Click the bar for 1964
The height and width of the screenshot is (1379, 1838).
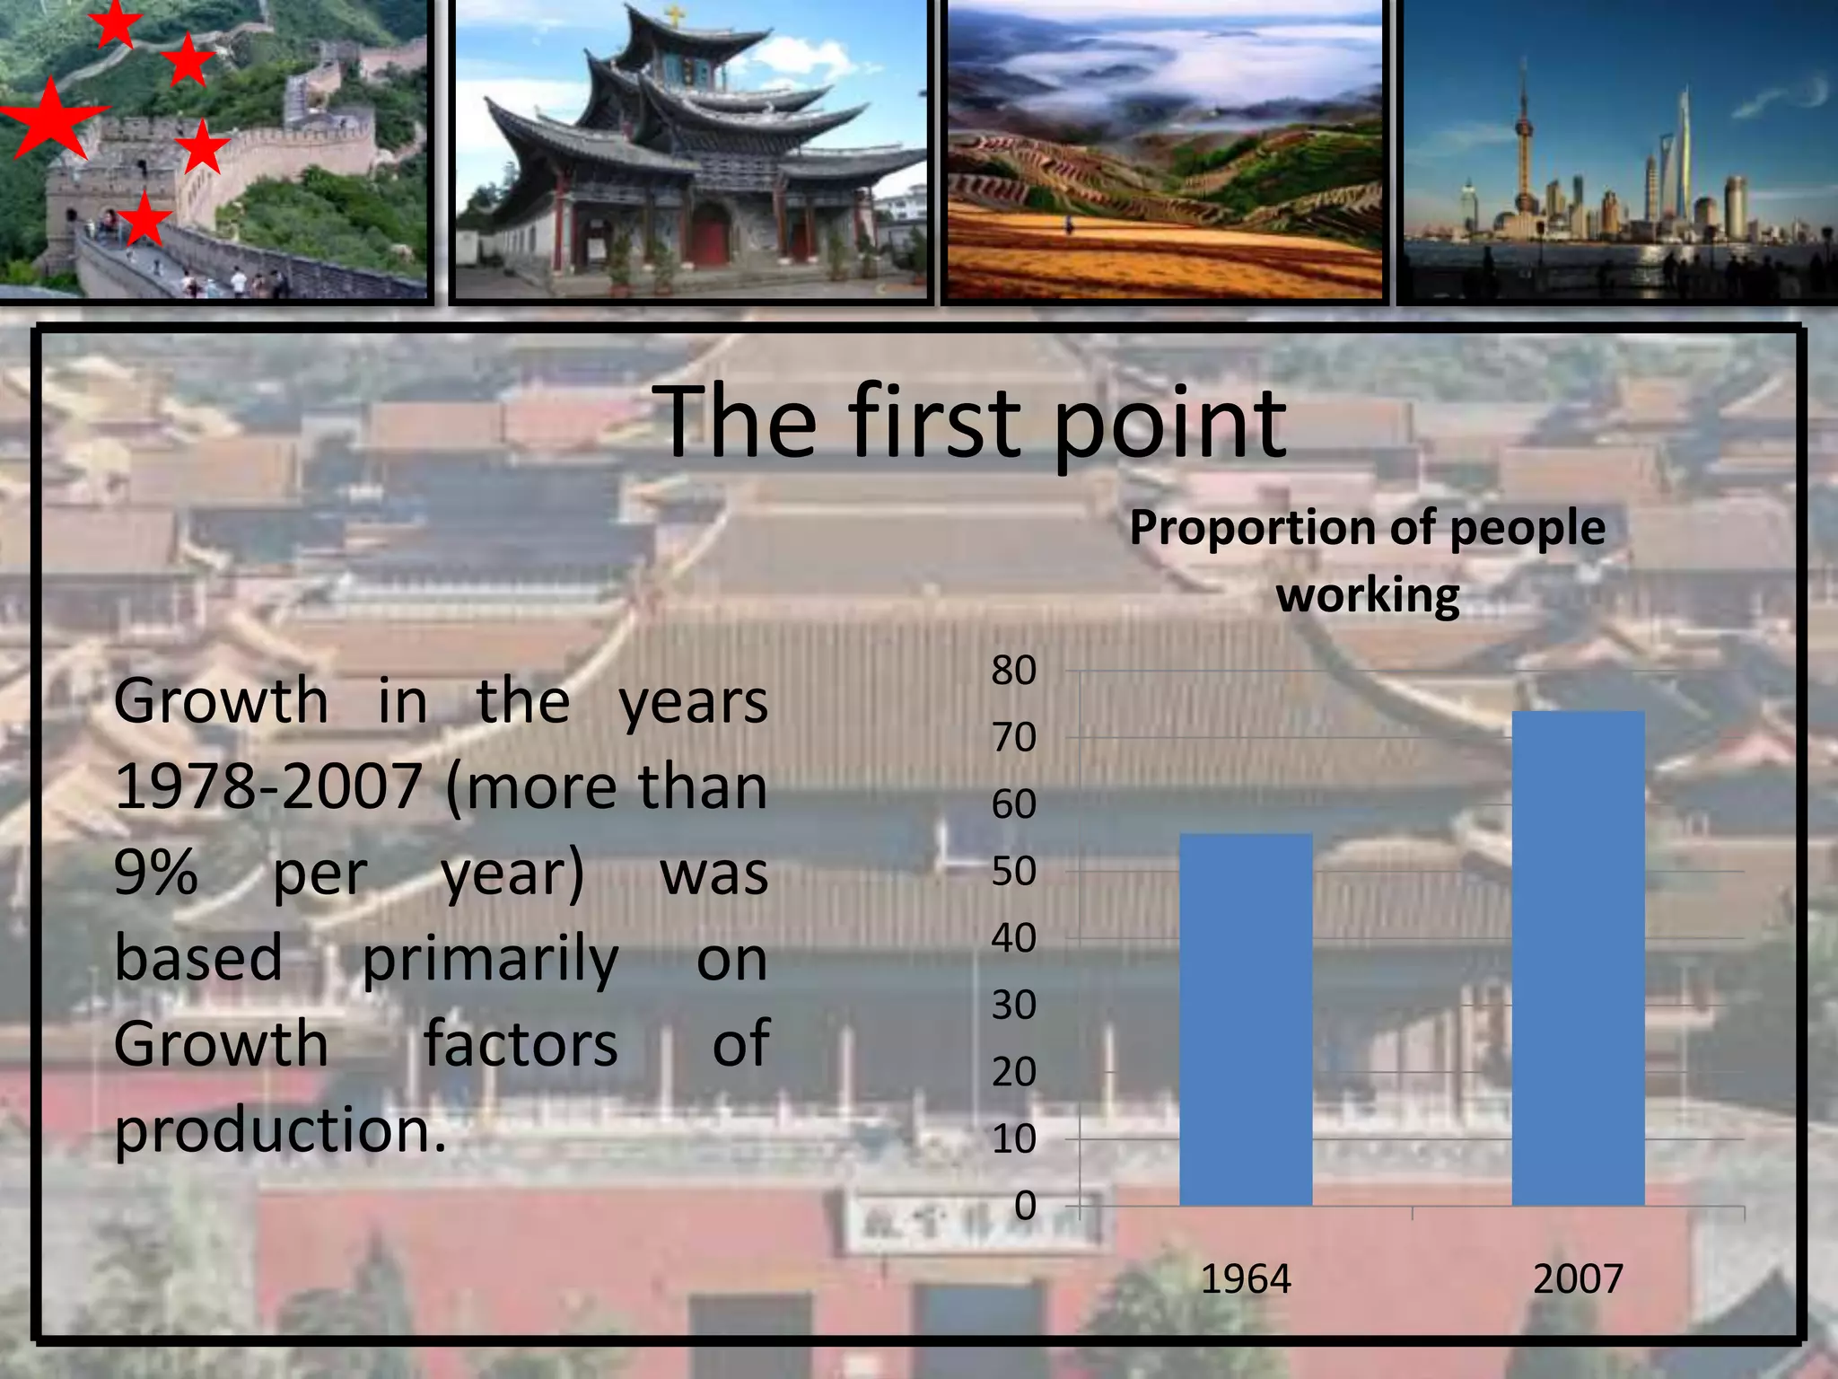click(1246, 1019)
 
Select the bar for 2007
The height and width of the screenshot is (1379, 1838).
click(1578, 958)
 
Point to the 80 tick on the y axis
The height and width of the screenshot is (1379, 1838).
click(1014, 671)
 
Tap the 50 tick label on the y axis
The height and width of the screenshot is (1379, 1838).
click(1014, 872)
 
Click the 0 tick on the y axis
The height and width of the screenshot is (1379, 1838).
click(1025, 1206)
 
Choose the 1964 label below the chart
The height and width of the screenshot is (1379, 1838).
click(1246, 1278)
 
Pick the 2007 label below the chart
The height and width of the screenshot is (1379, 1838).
click(1578, 1278)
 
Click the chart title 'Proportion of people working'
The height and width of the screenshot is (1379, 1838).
click(1367, 561)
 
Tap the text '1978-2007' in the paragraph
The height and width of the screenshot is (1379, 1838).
click(268, 786)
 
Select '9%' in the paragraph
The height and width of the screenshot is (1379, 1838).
click(155, 872)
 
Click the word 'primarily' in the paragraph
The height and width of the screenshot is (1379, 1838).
click(490, 958)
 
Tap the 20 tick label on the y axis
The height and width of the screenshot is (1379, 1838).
click(1014, 1072)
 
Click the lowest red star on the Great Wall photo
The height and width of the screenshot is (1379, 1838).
click(144, 218)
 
